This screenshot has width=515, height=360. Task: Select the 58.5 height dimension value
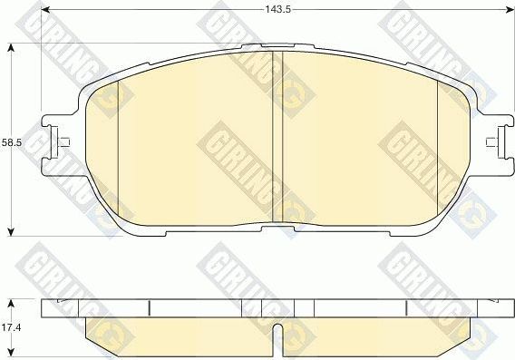[10, 142]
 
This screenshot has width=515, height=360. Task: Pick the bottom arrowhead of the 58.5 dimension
[10, 232]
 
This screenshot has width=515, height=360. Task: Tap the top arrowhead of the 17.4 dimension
[10, 298]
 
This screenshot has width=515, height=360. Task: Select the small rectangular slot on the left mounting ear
[63, 141]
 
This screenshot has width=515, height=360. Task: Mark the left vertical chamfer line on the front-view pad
[120, 145]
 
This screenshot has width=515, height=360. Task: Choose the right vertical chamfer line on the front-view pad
[438, 145]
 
